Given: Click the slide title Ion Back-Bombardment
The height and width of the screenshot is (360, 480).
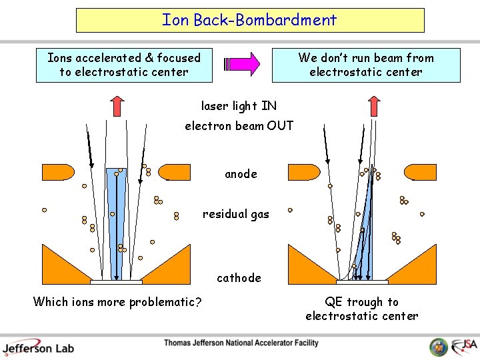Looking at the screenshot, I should click(249, 20).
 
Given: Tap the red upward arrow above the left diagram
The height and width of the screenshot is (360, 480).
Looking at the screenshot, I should click(117, 107).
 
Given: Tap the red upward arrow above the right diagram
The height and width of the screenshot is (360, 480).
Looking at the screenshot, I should click(374, 107).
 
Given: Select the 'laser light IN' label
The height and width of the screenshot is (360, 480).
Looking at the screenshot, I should click(239, 106).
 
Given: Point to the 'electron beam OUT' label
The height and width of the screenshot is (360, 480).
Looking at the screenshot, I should click(239, 125).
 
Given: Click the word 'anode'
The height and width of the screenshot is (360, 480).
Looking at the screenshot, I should click(241, 174).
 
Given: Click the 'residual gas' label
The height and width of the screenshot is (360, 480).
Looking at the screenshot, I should click(236, 214).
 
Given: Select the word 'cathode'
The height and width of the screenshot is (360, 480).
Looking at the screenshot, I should click(239, 277).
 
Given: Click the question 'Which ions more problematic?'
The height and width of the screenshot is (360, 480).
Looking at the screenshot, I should click(117, 302).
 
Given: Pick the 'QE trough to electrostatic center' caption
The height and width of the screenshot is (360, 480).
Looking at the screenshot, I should click(362, 309).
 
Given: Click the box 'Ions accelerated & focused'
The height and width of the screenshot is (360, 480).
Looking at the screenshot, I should click(124, 65).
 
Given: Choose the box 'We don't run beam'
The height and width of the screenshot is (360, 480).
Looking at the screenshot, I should click(366, 65).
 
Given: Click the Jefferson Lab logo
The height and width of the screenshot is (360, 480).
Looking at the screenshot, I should click(38, 347).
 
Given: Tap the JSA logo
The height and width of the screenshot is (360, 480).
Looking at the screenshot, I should click(463, 346).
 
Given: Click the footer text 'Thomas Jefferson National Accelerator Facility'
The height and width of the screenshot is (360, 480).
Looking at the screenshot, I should click(241, 343).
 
